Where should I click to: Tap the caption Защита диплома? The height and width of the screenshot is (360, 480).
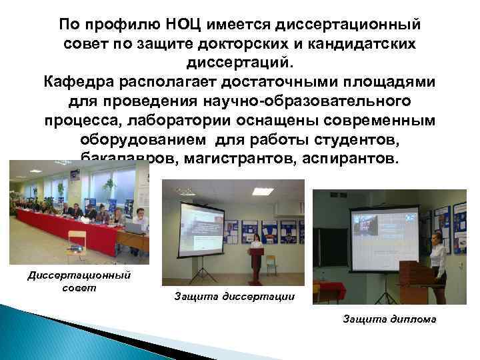coord(389,319)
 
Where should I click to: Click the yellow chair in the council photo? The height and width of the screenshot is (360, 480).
coord(77,241)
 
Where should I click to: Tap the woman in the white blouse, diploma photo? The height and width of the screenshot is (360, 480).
coord(438,257)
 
